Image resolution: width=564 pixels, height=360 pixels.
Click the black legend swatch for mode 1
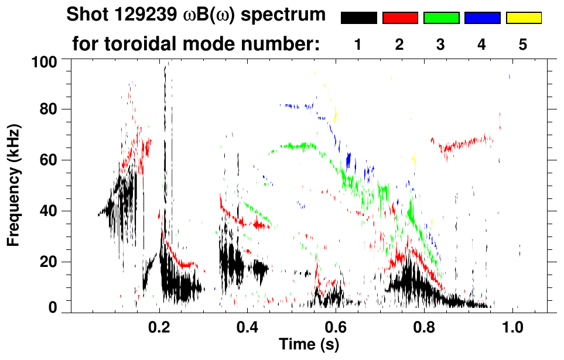pos(358,18)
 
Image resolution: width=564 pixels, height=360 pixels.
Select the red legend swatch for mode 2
pos(400,18)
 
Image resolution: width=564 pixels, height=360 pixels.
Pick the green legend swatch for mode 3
pos(441,18)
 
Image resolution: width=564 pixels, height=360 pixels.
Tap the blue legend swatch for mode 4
pos(482,18)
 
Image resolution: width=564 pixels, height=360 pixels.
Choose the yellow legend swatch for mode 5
pos(523,18)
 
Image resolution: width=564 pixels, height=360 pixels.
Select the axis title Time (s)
pos(309,345)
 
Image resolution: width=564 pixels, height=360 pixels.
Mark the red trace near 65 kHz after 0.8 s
pos(463,143)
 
